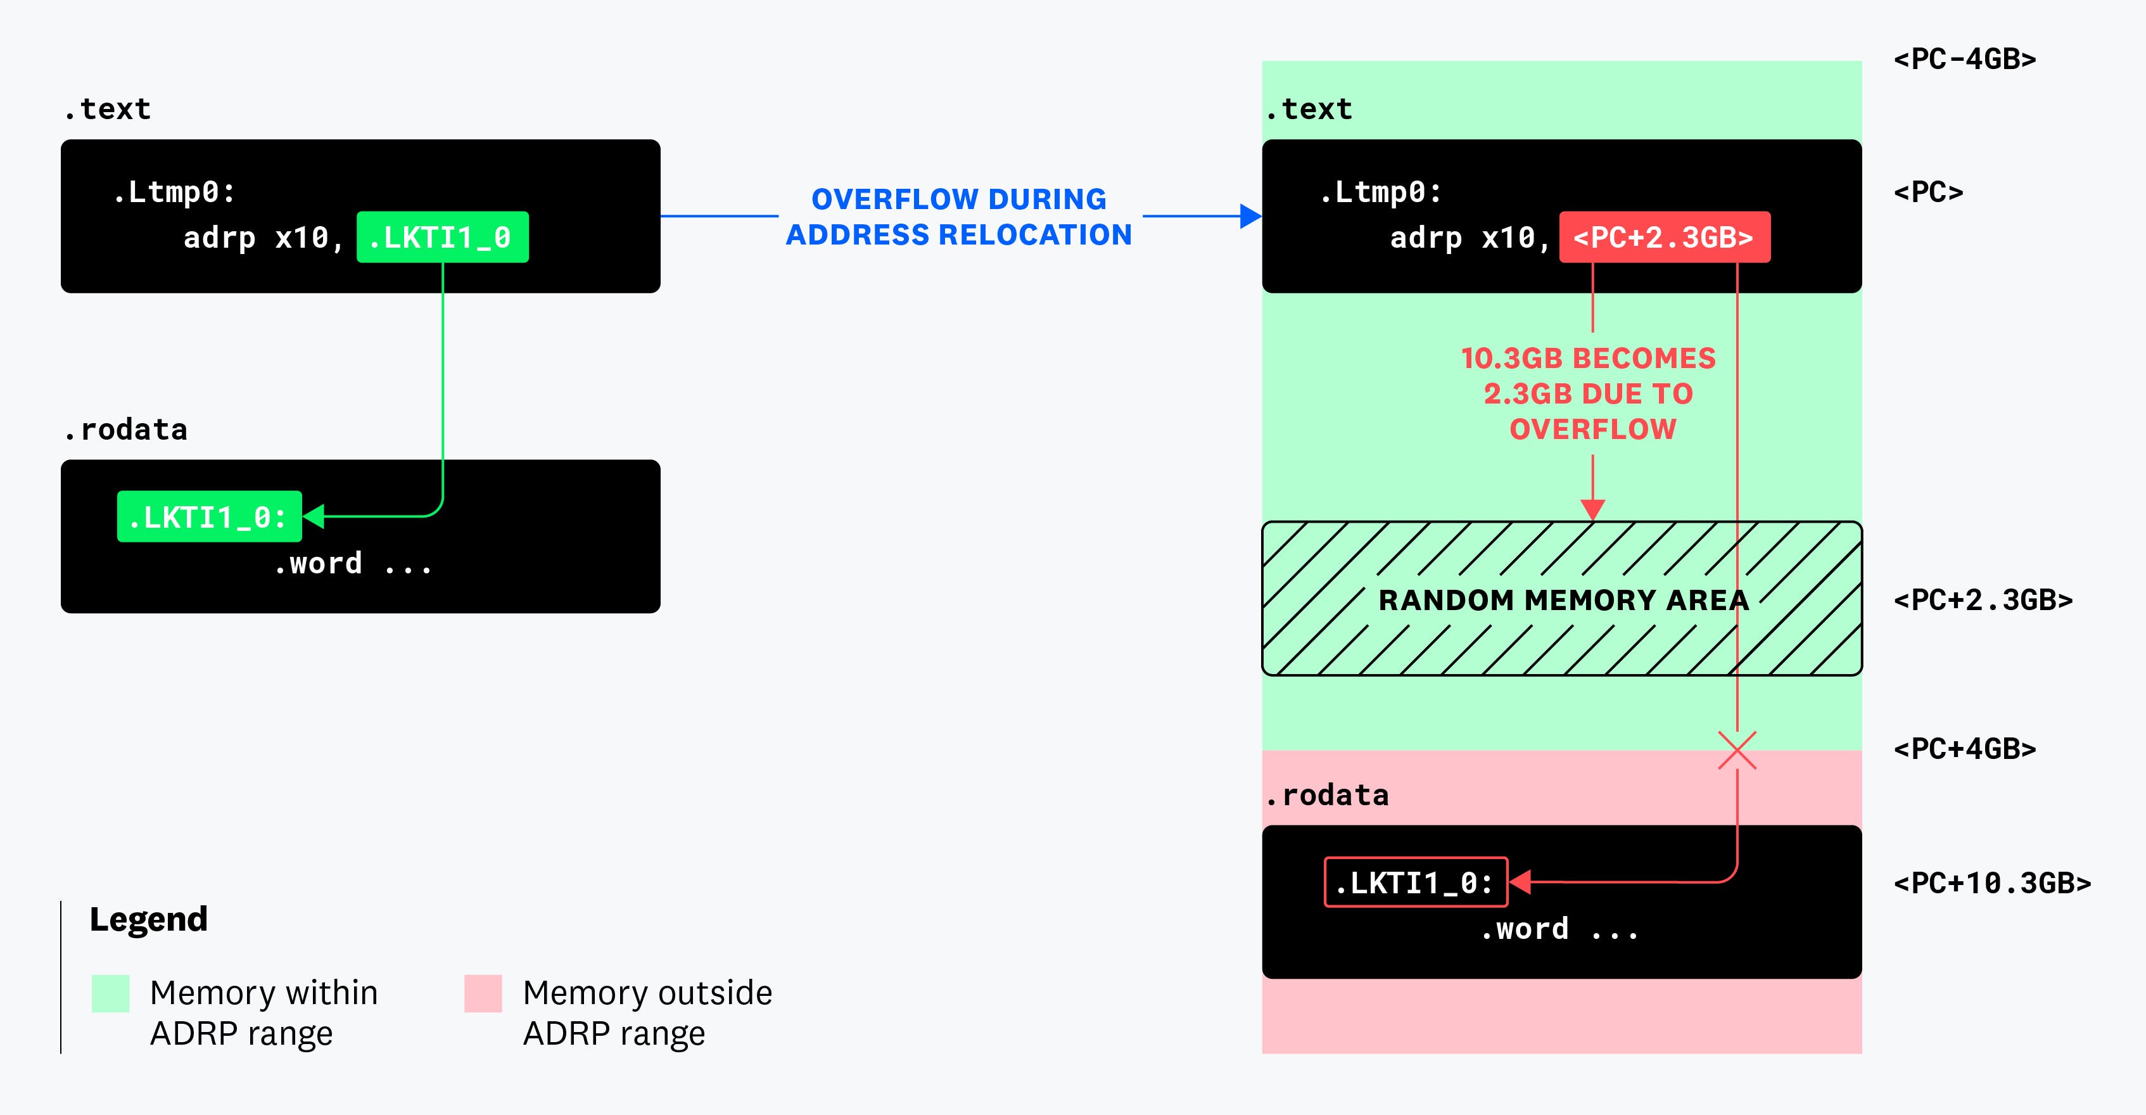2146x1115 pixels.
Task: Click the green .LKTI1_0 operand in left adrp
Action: pos(442,238)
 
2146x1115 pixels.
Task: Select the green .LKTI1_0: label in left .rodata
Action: pos(209,517)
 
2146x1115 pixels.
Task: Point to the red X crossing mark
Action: pos(1737,750)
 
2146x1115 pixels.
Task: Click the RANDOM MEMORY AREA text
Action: pos(1563,600)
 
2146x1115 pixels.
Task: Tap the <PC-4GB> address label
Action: pos(1964,59)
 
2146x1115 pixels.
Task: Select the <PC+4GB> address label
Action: pos(1964,748)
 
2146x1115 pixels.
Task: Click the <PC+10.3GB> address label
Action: pos(1992,882)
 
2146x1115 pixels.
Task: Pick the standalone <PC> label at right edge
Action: pos(1927,193)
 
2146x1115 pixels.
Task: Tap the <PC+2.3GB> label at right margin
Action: pos(1983,600)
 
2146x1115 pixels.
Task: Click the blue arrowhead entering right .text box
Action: pos(1250,216)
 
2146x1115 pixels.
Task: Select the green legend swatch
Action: pos(110,993)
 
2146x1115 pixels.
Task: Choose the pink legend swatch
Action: pos(483,993)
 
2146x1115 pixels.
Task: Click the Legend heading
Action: pos(148,919)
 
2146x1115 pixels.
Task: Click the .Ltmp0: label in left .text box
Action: pos(174,193)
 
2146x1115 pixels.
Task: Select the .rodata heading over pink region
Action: pos(1326,795)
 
